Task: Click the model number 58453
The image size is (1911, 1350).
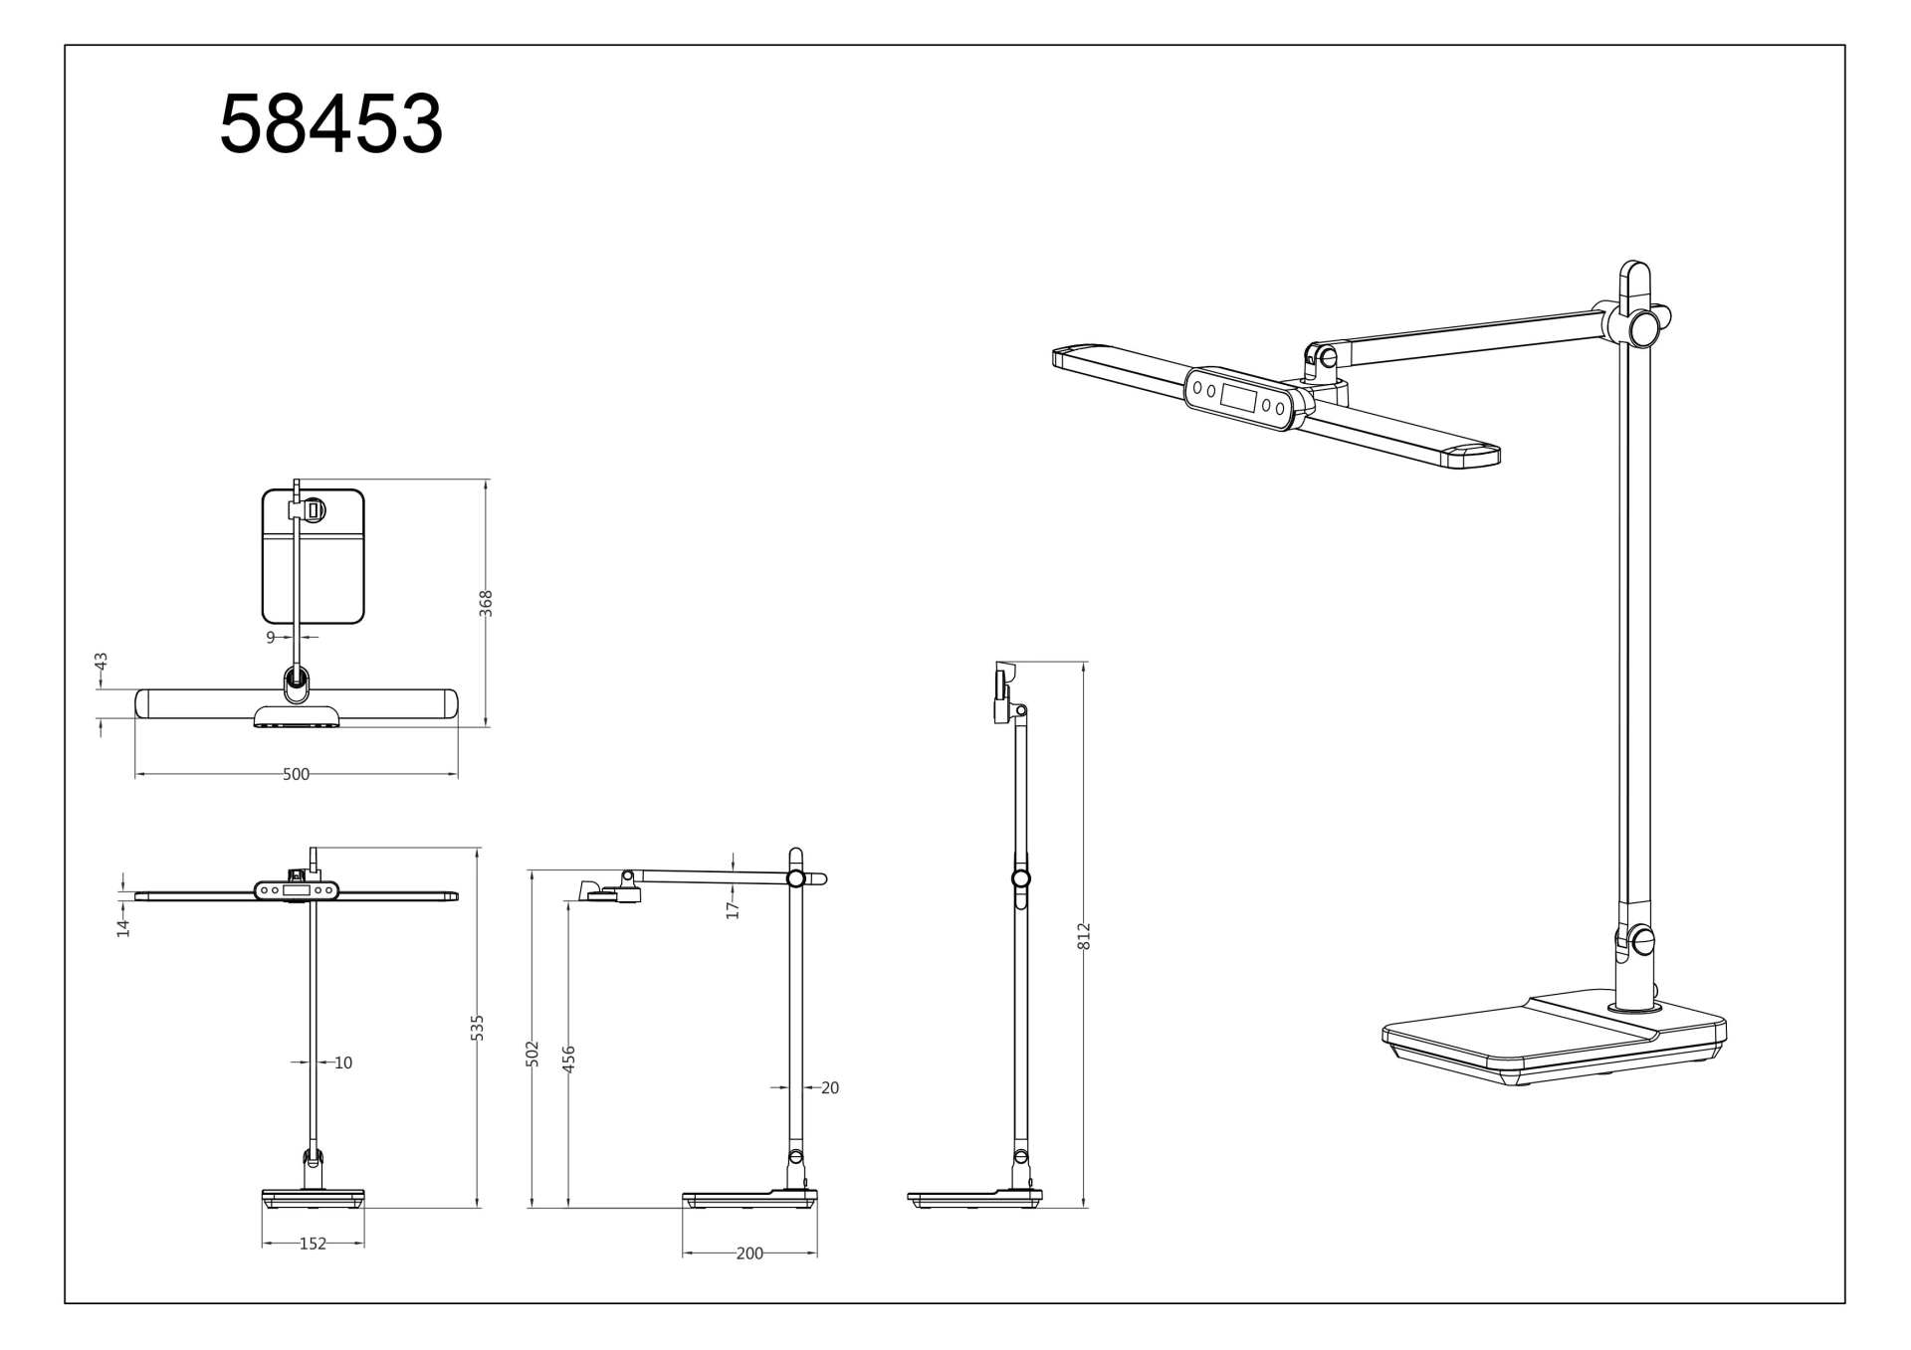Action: pyautogui.click(x=330, y=123)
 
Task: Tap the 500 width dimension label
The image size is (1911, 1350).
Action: pyautogui.click(x=296, y=774)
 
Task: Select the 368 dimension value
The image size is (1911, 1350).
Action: pyautogui.click(x=486, y=603)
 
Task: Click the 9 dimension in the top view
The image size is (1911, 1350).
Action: pyautogui.click(x=270, y=637)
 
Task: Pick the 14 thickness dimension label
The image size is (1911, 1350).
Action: pyautogui.click(x=123, y=927)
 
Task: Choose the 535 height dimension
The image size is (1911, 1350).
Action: pyautogui.click(x=477, y=1028)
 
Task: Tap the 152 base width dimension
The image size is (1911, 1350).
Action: pyautogui.click(x=313, y=1244)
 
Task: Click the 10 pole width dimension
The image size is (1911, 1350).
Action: pyautogui.click(x=343, y=1062)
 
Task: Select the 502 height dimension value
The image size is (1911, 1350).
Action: pyautogui.click(x=531, y=1055)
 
